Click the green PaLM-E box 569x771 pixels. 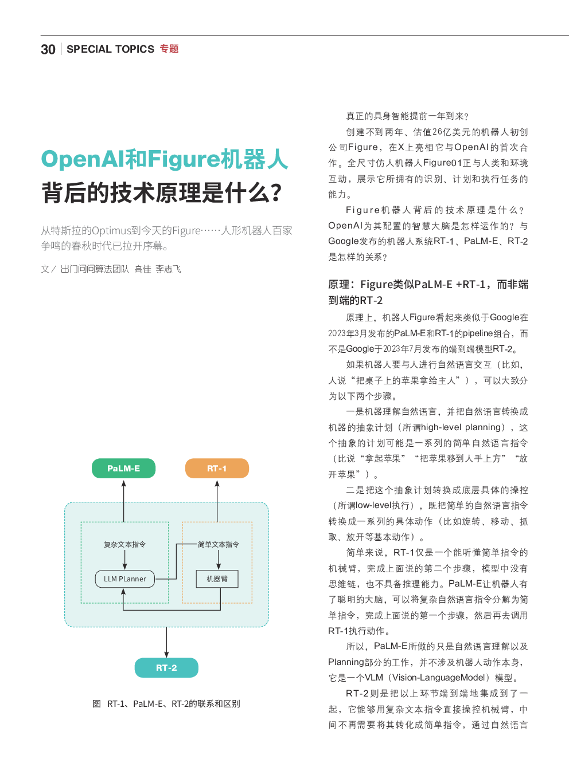[x=123, y=469]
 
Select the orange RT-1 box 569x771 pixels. [x=217, y=469]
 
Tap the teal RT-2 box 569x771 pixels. [x=166, y=668]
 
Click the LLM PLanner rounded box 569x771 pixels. [x=124, y=579]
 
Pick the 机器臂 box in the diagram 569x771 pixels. [x=217, y=579]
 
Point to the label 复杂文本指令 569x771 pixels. [x=124, y=545]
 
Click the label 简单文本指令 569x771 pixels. [x=219, y=545]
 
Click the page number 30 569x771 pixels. [x=48, y=49]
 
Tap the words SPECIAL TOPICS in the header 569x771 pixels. [x=110, y=49]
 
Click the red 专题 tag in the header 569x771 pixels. [x=169, y=49]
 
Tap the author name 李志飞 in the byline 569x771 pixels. [x=168, y=269]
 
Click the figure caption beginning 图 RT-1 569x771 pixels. [x=166, y=704]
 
